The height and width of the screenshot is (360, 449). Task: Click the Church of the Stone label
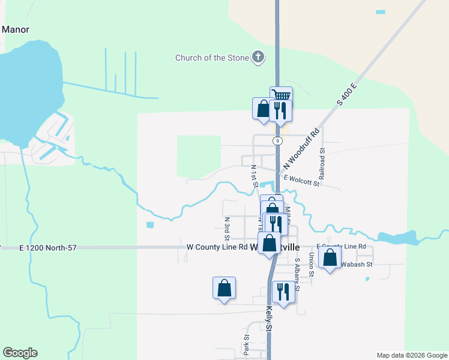coord(213,58)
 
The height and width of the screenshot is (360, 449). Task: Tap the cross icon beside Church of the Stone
coord(258,58)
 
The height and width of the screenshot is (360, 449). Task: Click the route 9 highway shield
coord(277,140)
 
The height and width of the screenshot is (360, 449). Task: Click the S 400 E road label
coord(347,94)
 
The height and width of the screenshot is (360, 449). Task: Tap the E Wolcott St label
coord(301,179)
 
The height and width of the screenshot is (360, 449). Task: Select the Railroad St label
coord(322,164)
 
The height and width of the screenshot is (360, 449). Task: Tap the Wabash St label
coord(357,264)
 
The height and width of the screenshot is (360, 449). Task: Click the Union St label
coord(311,265)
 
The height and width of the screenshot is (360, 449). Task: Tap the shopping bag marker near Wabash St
coord(330,258)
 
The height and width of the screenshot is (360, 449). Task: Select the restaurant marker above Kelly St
coord(283,292)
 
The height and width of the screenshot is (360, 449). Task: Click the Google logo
coord(20,353)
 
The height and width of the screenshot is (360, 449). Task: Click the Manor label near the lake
coord(16,29)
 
